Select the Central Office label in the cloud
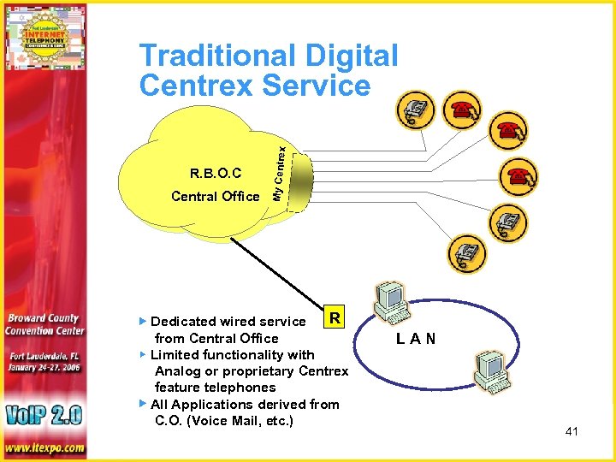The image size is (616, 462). click(215, 197)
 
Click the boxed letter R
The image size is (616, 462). click(335, 318)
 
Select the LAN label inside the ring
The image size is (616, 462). click(416, 339)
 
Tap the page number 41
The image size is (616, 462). click(572, 431)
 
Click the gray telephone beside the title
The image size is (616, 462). click(417, 110)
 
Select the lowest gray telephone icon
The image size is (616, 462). click(466, 253)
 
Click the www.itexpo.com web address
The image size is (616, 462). click(44, 447)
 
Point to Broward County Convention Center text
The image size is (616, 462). click(44, 324)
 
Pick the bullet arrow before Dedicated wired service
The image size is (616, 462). click(143, 322)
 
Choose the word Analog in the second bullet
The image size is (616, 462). click(177, 371)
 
